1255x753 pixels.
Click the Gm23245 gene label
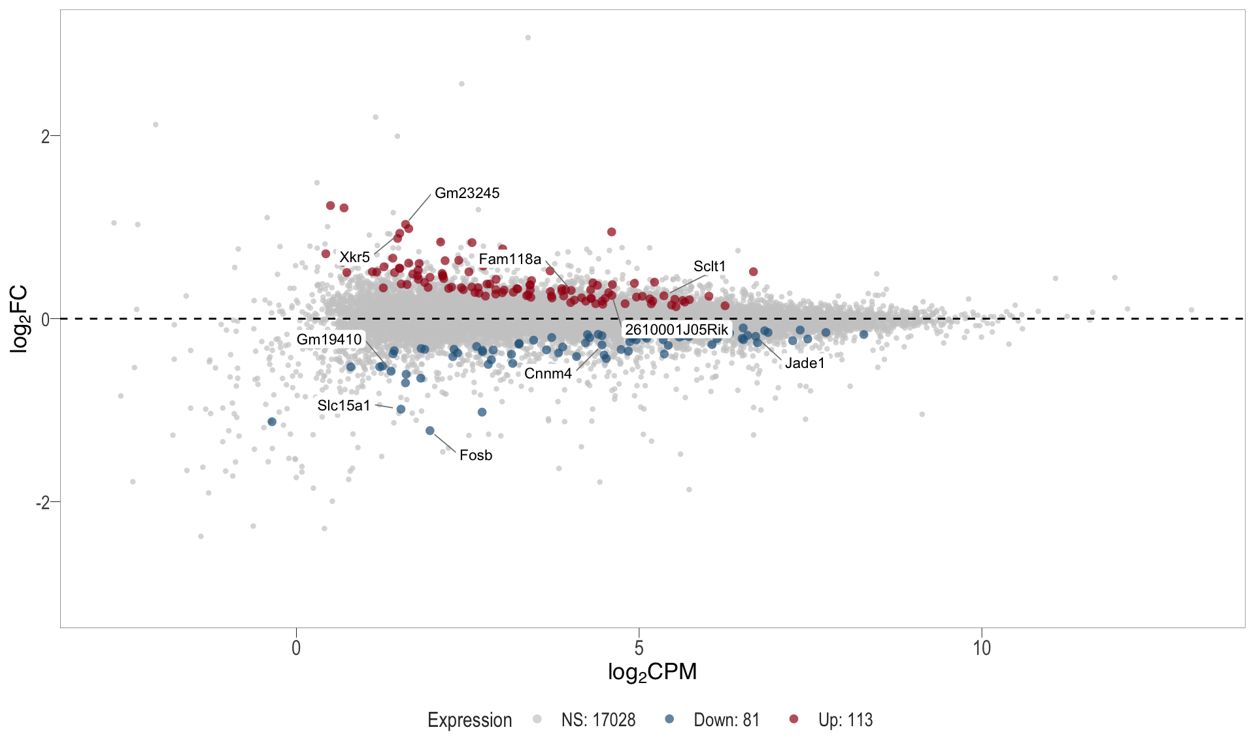click(467, 193)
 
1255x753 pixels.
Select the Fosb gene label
click(476, 456)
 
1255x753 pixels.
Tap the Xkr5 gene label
click(354, 258)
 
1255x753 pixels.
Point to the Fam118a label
click(510, 259)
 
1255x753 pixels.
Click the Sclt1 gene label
click(709, 267)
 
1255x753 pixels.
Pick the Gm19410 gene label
click(329, 340)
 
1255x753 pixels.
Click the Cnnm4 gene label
click(548, 374)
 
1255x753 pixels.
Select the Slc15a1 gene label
click(344, 406)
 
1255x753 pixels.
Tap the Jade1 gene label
click(805, 363)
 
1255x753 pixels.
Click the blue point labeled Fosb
click(430, 431)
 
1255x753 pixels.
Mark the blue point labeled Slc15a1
click(401, 410)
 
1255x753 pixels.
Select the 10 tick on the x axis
click(982, 648)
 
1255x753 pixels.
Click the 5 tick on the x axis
click(639, 648)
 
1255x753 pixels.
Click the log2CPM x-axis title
click(652, 672)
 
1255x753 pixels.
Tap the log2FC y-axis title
click(20, 319)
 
